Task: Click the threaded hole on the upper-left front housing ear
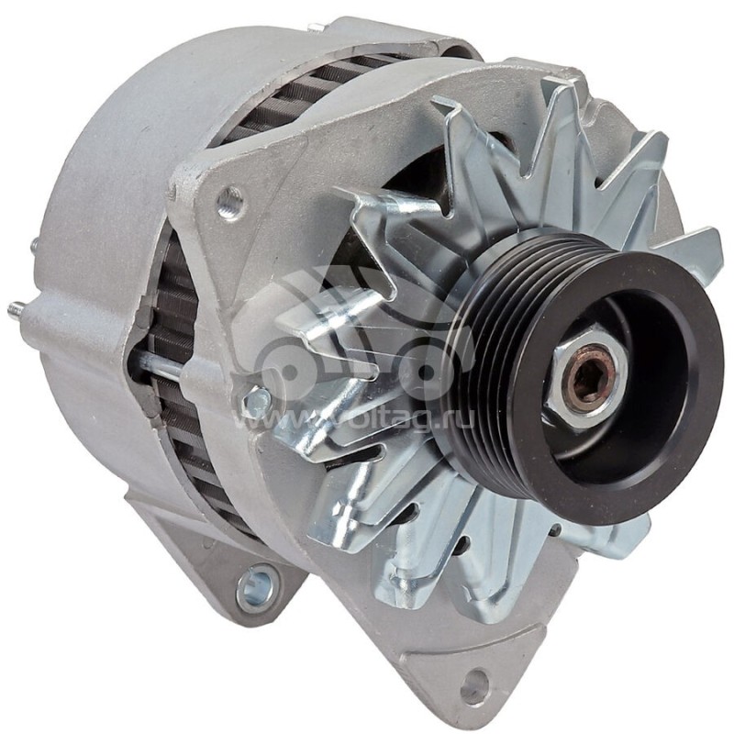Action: pyautogui.click(x=229, y=200)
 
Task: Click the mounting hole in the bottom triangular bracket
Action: pyautogui.click(x=476, y=683)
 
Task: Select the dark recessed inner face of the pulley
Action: pyautogui.click(x=633, y=385)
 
